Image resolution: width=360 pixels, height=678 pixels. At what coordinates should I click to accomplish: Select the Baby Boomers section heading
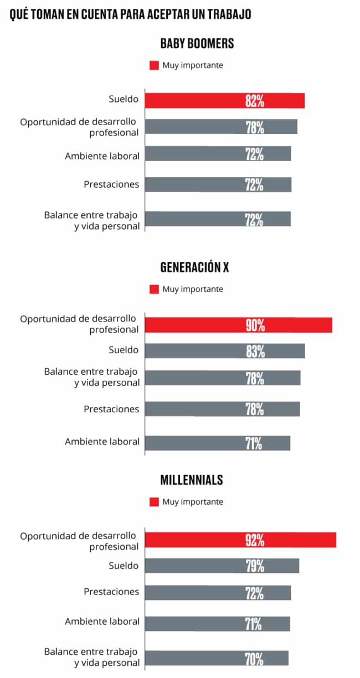[x=197, y=44]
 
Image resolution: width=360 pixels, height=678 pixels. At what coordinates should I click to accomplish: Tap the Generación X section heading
[x=194, y=267]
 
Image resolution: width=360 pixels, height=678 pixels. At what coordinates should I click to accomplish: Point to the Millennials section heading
[x=192, y=480]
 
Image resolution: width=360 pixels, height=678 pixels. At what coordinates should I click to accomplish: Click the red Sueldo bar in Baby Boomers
[x=224, y=101]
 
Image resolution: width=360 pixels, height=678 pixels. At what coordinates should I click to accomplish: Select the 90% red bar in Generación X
[x=238, y=325]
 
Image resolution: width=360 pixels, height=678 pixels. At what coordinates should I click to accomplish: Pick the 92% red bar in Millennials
[x=240, y=540]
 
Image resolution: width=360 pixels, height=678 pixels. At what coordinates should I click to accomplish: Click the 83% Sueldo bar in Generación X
[x=225, y=351]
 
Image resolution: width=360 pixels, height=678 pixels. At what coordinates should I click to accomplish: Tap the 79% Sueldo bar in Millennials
[x=222, y=566]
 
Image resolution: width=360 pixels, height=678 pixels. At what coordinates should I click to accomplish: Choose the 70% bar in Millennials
[x=217, y=658]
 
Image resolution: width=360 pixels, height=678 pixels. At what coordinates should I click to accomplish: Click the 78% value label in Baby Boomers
[x=255, y=127]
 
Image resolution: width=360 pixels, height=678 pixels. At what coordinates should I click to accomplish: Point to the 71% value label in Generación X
[x=255, y=443]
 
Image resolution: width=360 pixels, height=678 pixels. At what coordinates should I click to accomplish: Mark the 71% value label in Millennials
[x=255, y=624]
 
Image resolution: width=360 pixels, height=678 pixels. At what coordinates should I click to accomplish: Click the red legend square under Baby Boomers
[x=154, y=65]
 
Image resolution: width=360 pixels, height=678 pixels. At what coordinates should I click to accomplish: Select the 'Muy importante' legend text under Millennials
[x=193, y=502]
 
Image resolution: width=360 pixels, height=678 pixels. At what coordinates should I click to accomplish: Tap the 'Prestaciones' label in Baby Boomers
[x=111, y=184]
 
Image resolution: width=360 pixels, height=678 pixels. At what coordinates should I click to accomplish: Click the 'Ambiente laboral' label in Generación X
[x=102, y=442]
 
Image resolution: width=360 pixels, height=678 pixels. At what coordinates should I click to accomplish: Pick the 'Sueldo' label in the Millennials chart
[x=124, y=566]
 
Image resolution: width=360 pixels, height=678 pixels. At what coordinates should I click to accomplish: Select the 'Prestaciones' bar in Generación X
[x=222, y=409]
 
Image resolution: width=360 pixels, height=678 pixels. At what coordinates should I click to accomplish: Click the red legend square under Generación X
[x=154, y=289]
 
